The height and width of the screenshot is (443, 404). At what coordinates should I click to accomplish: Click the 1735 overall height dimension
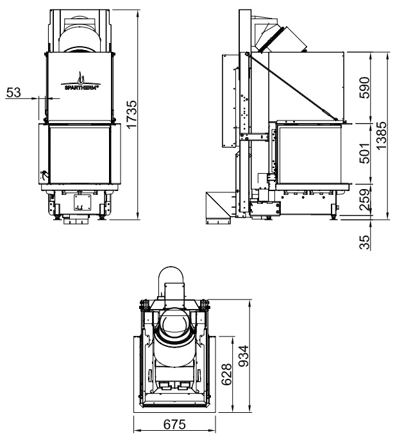tap(131, 114)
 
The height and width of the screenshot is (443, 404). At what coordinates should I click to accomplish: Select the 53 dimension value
tap(13, 92)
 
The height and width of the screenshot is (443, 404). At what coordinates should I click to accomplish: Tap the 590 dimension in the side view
tap(364, 88)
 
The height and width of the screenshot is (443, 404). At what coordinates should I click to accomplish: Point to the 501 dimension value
tap(364, 153)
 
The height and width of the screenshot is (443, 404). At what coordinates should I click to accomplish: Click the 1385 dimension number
tap(381, 136)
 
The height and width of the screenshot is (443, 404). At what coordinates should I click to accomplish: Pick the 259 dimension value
tap(364, 200)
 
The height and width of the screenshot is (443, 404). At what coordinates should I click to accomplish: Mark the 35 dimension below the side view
tap(364, 242)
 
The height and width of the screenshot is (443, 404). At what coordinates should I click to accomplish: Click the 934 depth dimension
tap(244, 356)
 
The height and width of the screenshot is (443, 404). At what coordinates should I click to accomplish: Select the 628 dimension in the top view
tap(226, 374)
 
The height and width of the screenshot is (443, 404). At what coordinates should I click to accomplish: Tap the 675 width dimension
tap(174, 424)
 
